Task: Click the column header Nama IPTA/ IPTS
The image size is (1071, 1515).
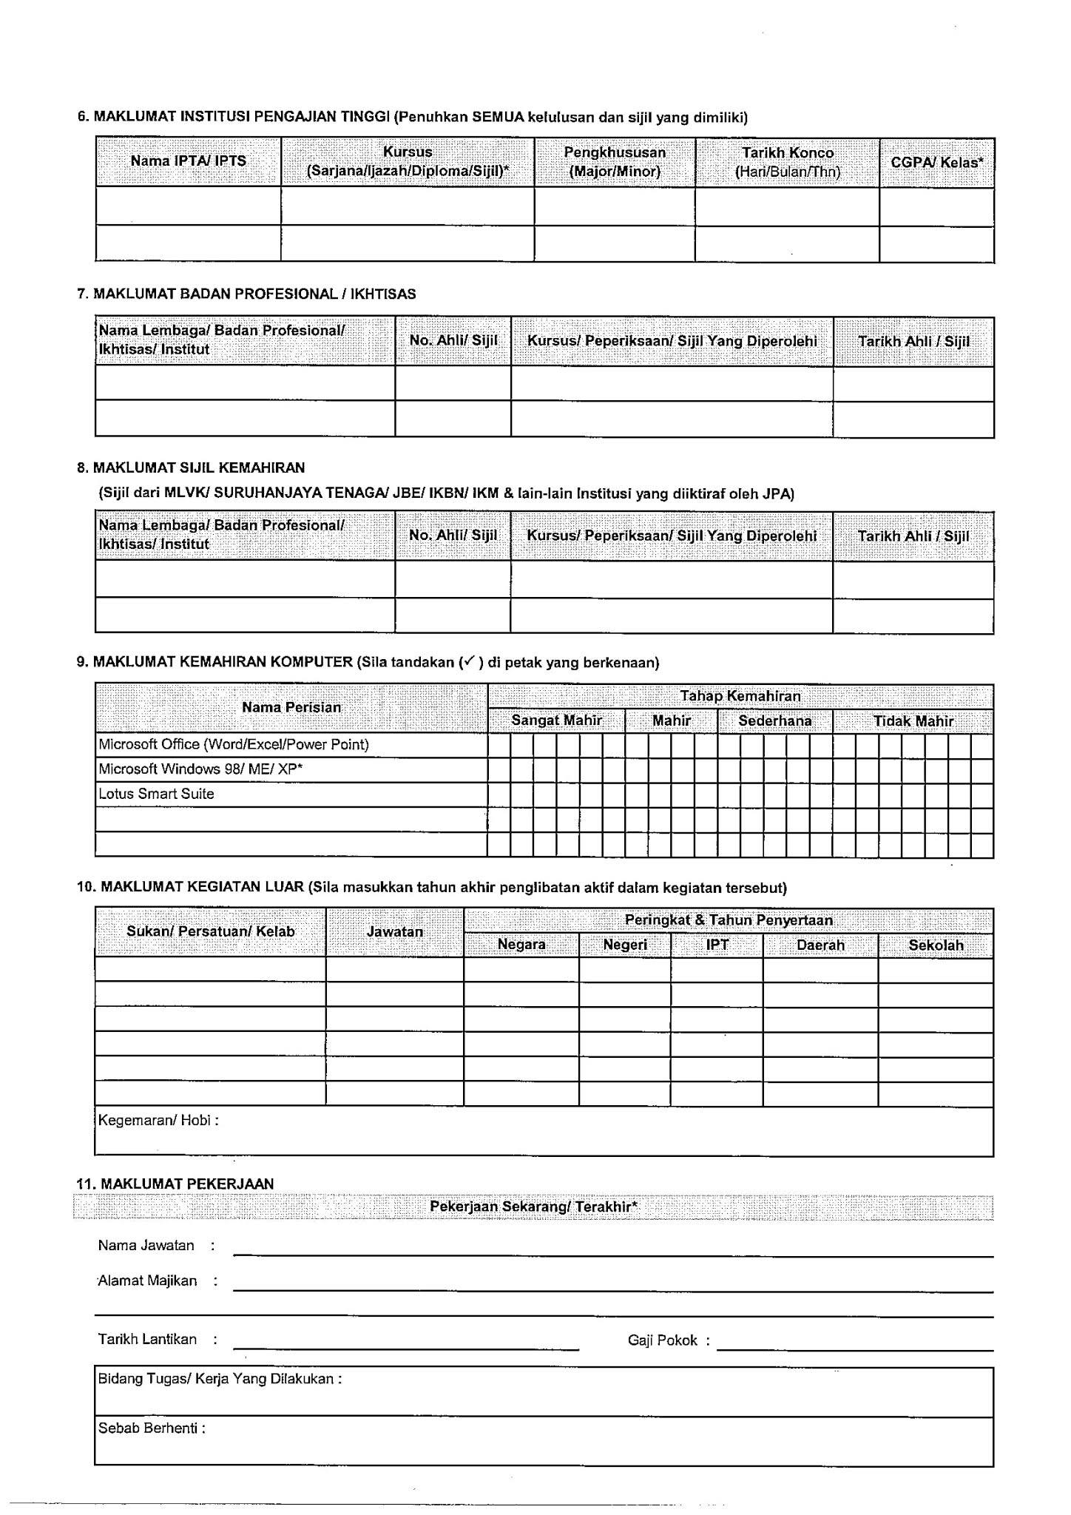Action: (188, 161)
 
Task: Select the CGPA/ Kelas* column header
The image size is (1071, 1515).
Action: (936, 162)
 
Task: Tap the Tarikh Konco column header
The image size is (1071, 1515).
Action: (787, 162)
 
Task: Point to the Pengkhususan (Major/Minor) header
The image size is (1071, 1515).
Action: (615, 162)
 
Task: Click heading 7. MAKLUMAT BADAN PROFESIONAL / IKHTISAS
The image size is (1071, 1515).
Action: (246, 294)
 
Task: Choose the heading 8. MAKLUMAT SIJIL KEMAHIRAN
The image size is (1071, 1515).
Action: (191, 468)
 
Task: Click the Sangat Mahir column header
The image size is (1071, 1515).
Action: (556, 721)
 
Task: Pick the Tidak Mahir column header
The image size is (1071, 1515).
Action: (913, 721)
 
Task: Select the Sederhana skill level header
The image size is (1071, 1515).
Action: (774, 721)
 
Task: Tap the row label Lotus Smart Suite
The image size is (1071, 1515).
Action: (156, 794)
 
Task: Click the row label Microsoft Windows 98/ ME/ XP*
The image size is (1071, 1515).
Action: (200, 769)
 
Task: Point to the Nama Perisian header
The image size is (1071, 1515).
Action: (291, 707)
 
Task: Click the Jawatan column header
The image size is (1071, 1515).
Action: (395, 932)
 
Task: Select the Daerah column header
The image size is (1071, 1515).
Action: (820, 945)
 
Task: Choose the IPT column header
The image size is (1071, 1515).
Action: (717, 945)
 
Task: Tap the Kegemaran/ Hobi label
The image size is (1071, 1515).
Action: (158, 1120)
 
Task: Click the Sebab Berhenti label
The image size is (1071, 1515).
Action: (151, 1428)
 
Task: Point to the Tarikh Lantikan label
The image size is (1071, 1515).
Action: (147, 1340)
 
